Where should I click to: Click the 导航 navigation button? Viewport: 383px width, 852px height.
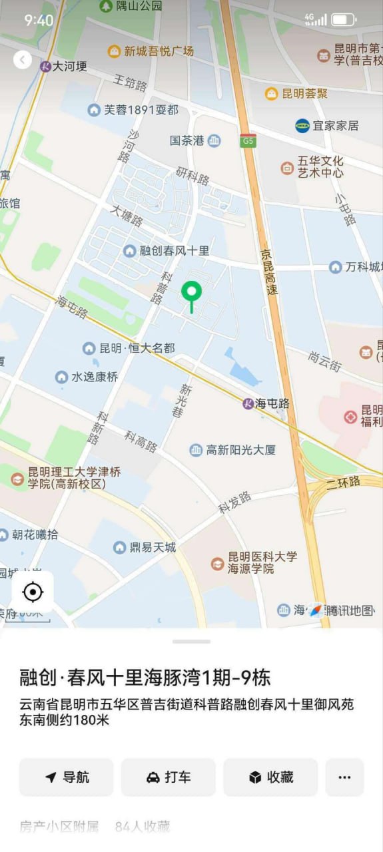point(66,777)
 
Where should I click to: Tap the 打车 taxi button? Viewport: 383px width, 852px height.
point(168,777)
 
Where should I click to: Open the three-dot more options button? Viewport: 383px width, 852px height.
point(344,777)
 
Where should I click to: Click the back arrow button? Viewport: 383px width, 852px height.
point(23,60)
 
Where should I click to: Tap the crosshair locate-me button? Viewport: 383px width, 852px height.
point(32,591)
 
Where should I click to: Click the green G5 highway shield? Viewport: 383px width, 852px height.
point(248,140)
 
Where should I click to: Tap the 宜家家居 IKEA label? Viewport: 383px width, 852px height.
point(327,125)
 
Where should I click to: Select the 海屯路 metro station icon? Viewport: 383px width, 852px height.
point(248,403)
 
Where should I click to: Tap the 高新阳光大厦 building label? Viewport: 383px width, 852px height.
point(232,450)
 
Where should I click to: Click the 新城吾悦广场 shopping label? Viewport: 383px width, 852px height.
point(151,51)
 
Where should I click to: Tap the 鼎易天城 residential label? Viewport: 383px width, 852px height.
point(145,547)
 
